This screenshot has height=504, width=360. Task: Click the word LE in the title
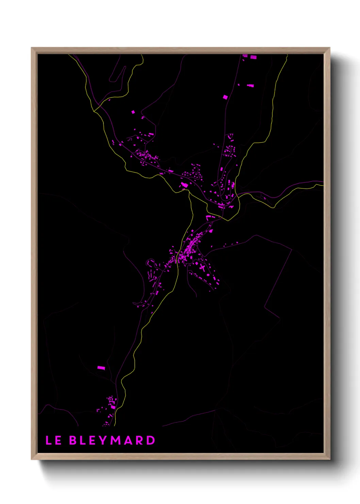pyautogui.click(x=53, y=440)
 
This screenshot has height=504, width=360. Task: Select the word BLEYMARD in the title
pyautogui.click(x=112, y=440)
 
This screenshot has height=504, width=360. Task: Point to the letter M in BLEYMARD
pyautogui.click(x=116, y=440)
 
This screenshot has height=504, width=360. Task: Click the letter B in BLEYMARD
pyautogui.click(x=73, y=440)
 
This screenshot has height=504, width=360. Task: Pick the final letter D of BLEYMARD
pyautogui.click(x=151, y=440)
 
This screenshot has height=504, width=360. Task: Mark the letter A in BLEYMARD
pyautogui.click(x=128, y=440)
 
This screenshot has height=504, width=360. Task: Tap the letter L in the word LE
pyautogui.click(x=49, y=440)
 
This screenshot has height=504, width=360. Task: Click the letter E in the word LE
pyautogui.click(x=58, y=440)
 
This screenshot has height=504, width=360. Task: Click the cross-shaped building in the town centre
pyautogui.click(x=203, y=267)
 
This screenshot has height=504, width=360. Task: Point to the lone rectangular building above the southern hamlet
pyautogui.click(x=101, y=368)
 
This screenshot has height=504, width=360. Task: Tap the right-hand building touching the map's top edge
pyautogui.click(x=253, y=57)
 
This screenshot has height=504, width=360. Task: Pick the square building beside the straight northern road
pyautogui.click(x=225, y=97)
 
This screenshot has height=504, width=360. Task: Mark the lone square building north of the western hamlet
pyautogui.click(x=133, y=112)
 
